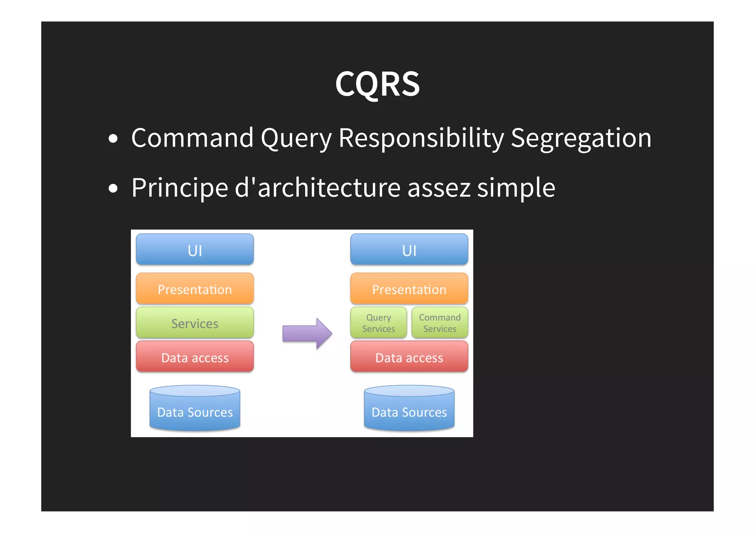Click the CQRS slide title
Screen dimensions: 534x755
377,84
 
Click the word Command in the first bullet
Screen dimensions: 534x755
192,138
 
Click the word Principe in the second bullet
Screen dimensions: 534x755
180,188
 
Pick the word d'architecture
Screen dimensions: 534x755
317,188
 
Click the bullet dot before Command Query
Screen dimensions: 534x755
113,139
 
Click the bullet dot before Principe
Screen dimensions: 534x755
113,189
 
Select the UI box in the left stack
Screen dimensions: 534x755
195,249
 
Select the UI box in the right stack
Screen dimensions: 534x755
409,249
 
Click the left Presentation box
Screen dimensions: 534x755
195,289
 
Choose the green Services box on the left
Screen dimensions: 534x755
195,323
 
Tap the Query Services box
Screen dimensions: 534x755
379,323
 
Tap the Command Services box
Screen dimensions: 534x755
439,323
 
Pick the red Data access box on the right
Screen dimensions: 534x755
409,357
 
